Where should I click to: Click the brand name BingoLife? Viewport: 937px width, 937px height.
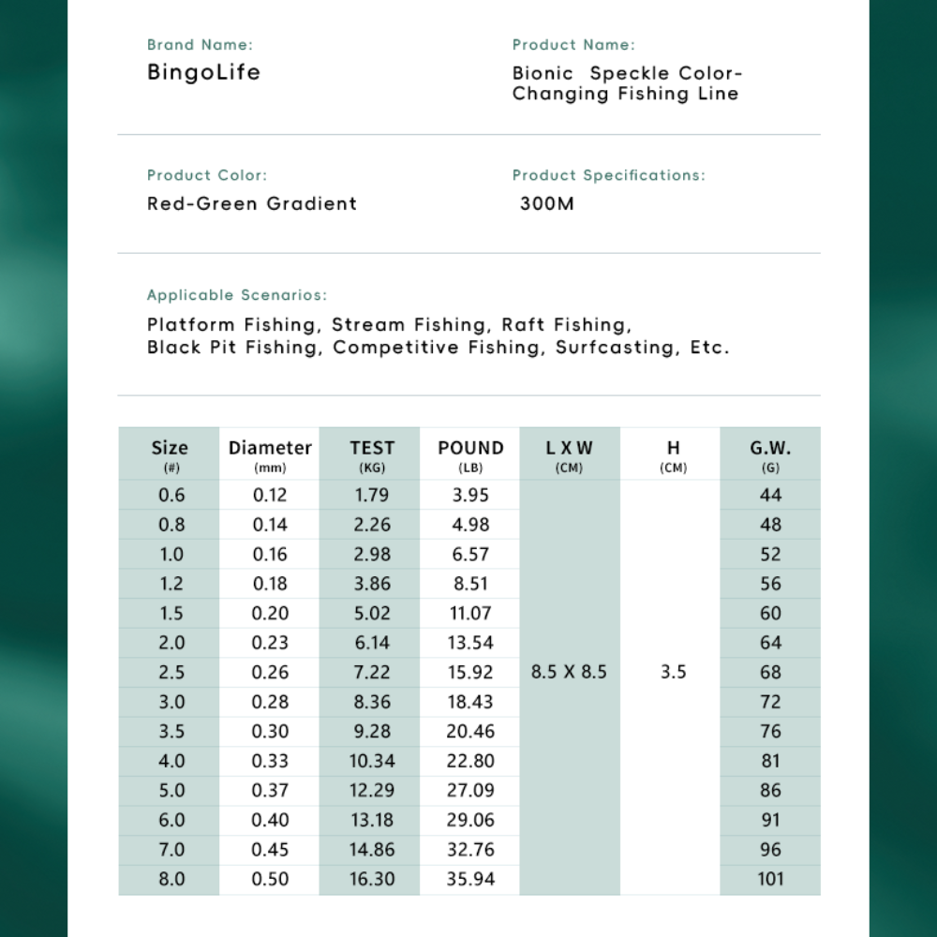(x=203, y=72)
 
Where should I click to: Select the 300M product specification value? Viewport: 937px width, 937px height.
(x=547, y=203)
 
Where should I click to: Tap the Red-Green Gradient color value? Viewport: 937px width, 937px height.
(x=252, y=203)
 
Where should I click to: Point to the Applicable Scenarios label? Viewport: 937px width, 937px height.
(x=237, y=295)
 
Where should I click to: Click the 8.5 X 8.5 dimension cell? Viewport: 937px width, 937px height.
(x=569, y=672)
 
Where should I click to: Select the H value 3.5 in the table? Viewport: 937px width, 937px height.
(x=673, y=672)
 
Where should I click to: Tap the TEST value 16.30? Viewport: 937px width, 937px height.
(x=372, y=879)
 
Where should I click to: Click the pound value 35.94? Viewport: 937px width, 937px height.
(x=470, y=879)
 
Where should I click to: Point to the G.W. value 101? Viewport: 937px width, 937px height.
(x=770, y=879)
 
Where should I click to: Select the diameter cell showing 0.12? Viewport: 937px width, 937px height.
(x=270, y=495)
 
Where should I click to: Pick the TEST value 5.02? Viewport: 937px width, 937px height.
(x=372, y=613)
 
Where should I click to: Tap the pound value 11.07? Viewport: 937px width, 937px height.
(x=470, y=613)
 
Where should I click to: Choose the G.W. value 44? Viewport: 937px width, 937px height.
(x=770, y=495)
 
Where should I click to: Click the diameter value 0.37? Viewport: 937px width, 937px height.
(x=270, y=790)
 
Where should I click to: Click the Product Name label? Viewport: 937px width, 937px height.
(x=573, y=44)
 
